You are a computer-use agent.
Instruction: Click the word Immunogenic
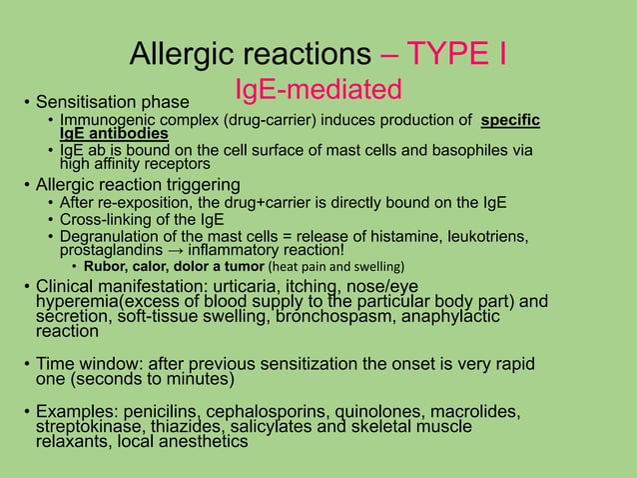(x=100, y=122)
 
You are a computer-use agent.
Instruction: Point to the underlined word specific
(x=510, y=122)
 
